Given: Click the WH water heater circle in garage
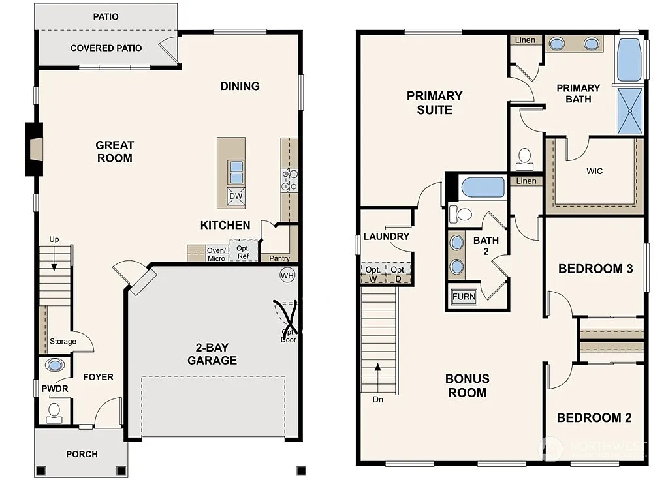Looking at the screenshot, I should (x=287, y=275).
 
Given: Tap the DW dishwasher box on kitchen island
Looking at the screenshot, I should (x=236, y=196).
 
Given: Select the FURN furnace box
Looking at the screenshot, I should (x=464, y=297).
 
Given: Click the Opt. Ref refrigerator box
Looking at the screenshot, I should (x=243, y=251).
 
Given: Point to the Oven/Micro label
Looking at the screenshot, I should (x=216, y=254).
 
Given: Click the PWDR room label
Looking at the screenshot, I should (x=55, y=389).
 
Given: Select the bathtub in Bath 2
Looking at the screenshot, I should (x=483, y=188).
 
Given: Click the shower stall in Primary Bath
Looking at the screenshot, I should (x=629, y=111).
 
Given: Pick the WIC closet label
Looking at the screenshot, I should (x=594, y=172).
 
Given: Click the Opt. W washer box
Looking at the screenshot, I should (x=373, y=273).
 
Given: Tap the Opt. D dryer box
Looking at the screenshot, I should (x=399, y=273).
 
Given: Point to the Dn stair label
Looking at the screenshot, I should (x=378, y=400).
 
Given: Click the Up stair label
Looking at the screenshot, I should (x=54, y=239).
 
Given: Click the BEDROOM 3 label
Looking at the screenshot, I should (x=595, y=269).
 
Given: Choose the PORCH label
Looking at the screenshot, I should (x=82, y=454).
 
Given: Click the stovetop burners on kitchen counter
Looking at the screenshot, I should (x=289, y=180).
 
